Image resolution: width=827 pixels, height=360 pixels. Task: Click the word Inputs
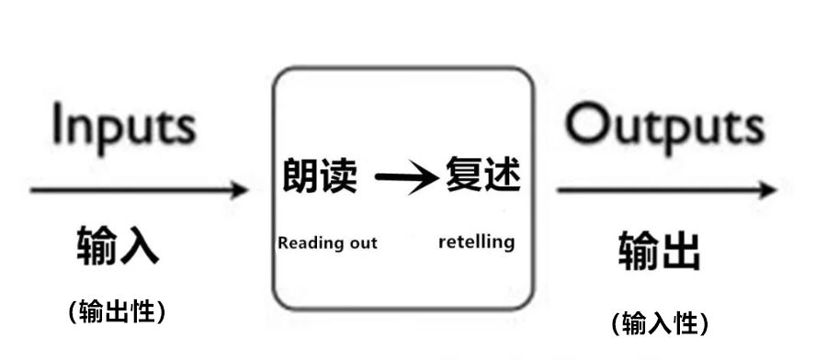click(x=123, y=126)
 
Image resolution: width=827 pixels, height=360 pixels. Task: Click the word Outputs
click(x=663, y=126)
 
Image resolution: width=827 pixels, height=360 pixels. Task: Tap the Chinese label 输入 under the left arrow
click(x=118, y=245)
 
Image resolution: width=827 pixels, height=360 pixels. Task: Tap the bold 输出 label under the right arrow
click(x=659, y=250)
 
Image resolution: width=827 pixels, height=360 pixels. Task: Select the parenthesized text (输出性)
click(x=117, y=311)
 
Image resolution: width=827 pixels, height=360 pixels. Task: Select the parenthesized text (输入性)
click(x=659, y=323)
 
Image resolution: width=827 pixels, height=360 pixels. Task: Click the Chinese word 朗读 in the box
click(x=319, y=174)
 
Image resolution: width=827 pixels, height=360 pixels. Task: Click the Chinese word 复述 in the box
click(x=482, y=174)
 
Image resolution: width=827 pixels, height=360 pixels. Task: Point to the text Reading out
click(x=327, y=243)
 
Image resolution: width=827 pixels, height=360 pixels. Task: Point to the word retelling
click(x=476, y=242)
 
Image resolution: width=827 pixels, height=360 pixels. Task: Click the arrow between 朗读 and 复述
click(x=405, y=177)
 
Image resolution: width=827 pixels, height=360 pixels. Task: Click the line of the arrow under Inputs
click(x=129, y=191)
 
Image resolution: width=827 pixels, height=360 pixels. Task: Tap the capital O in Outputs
click(x=585, y=126)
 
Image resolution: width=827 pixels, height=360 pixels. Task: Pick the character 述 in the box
click(x=503, y=174)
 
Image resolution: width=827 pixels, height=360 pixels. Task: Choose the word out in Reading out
click(x=362, y=243)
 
